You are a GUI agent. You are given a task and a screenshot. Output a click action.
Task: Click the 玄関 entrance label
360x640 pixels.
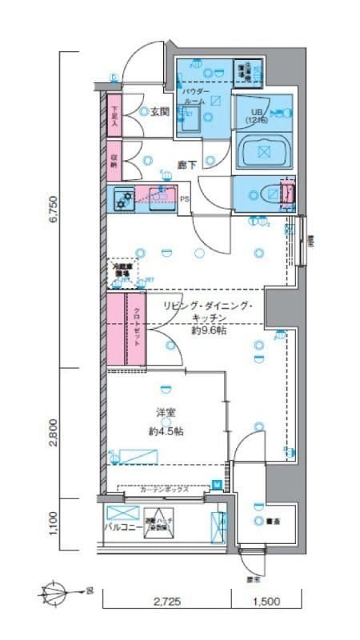pyautogui.click(x=158, y=113)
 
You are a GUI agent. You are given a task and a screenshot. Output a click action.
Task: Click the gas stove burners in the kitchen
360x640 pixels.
pyautogui.click(x=124, y=198)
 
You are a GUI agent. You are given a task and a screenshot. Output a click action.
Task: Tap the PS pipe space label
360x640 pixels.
pyautogui.click(x=185, y=200)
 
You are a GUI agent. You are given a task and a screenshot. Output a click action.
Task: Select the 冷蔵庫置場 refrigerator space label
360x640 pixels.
pyautogui.click(x=122, y=270)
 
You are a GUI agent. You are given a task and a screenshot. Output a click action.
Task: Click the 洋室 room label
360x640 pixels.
pyautogui.click(x=166, y=414)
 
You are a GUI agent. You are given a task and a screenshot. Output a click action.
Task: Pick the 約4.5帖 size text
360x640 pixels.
pyautogui.click(x=166, y=430)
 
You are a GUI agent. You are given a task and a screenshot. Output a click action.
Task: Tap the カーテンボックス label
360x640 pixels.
pyautogui.click(x=163, y=490)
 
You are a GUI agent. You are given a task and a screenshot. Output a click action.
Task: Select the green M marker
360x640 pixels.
pyautogui.click(x=216, y=483)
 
